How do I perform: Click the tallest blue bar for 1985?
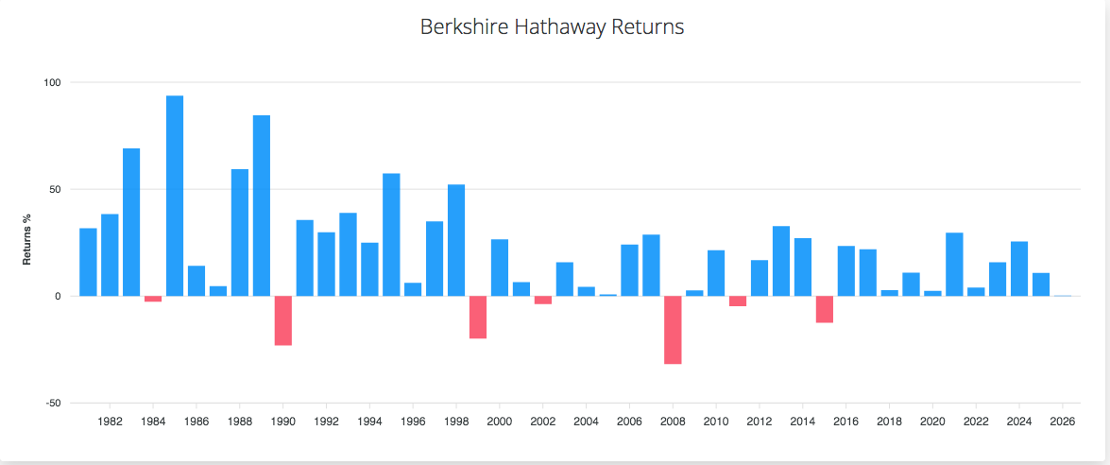tap(175, 196)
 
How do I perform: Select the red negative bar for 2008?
tap(673, 330)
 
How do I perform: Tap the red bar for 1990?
tap(283, 320)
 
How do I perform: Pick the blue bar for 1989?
tap(262, 205)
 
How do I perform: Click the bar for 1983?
tap(131, 222)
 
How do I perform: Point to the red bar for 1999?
tap(478, 317)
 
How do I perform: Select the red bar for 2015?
tap(825, 309)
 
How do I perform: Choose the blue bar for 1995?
tap(391, 234)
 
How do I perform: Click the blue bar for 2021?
tap(954, 264)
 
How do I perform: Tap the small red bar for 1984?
tap(153, 299)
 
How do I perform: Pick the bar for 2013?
tap(781, 261)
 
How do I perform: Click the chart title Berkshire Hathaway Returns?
tap(552, 26)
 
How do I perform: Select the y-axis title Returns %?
tap(27, 239)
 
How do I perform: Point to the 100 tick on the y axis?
tap(52, 82)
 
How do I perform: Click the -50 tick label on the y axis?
tap(52, 403)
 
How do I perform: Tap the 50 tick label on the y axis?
tap(54, 189)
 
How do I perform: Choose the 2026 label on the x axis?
tap(1063, 421)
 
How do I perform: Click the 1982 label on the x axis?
tap(110, 421)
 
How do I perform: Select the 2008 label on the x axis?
tap(673, 421)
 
